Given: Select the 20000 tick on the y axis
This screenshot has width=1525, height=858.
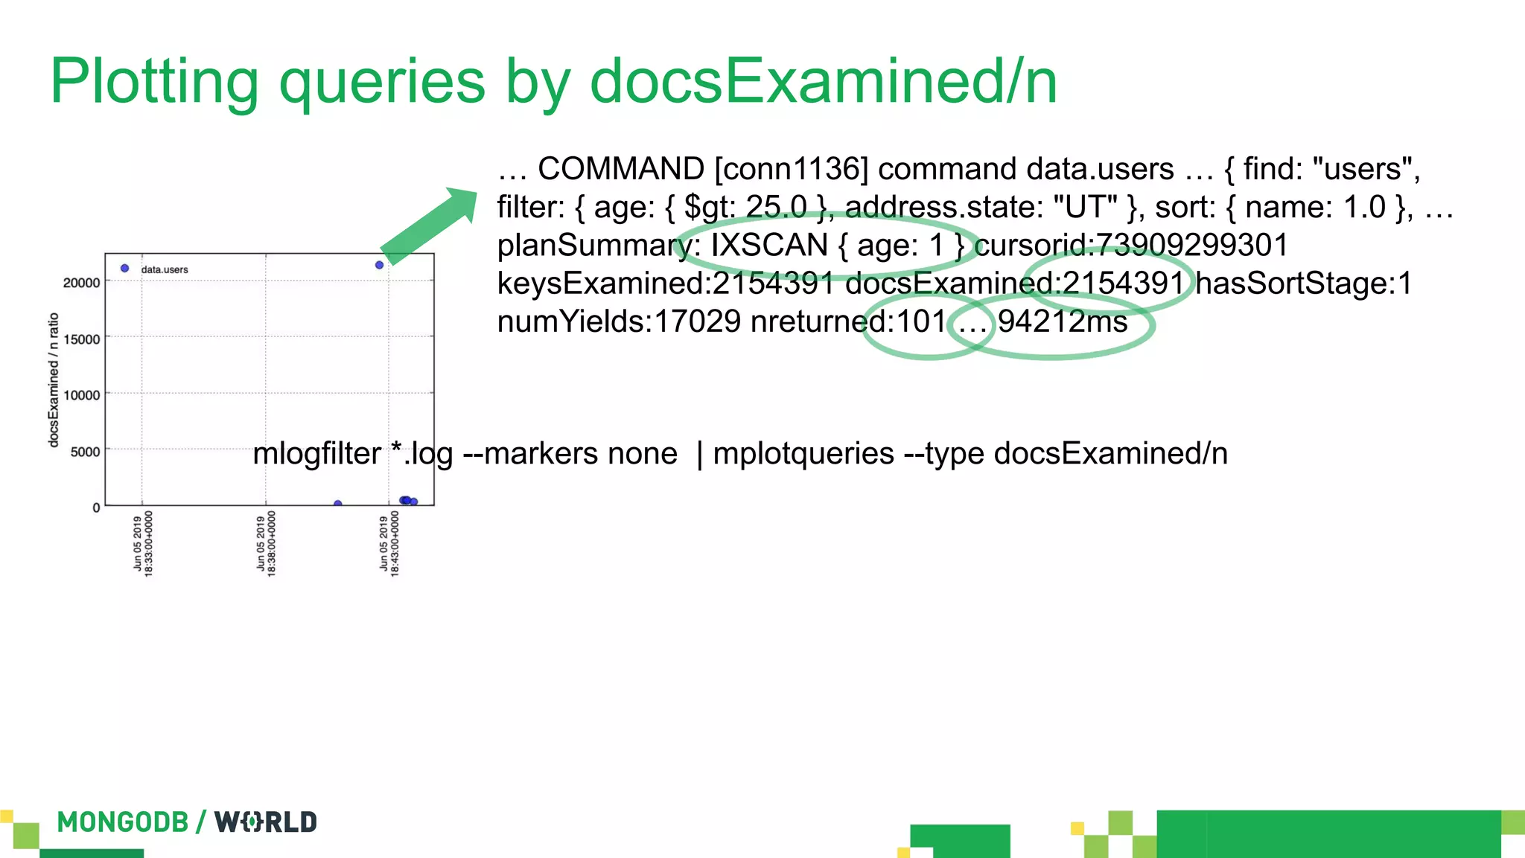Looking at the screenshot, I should tap(81, 283).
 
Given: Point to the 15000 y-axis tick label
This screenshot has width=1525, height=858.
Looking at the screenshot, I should tap(81, 339).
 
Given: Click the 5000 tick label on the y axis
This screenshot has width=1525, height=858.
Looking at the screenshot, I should tap(85, 452).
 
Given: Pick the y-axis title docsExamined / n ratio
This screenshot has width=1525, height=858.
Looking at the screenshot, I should tap(53, 380).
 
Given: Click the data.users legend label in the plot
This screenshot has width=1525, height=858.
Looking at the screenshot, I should tap(165, 269).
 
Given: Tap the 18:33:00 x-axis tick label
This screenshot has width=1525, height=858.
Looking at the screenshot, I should tap(143, 543).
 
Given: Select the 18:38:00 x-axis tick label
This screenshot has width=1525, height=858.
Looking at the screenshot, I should tap(266, 543).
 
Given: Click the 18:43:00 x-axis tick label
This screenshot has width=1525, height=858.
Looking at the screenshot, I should tap(389, 543).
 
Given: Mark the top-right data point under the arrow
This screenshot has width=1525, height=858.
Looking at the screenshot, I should tap(379, 265).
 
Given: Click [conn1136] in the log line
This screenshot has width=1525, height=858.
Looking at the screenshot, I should tap(792, 169).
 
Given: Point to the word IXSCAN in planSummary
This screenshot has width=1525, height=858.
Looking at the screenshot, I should tap(769, 246).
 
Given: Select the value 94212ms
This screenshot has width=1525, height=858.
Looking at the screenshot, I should tap(1063, 322).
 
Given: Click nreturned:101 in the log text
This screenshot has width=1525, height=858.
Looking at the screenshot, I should tap(847, 322).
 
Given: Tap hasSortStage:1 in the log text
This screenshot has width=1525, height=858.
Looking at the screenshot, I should tap(1304, 284).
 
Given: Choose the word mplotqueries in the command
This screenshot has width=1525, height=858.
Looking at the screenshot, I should tap(803, 453).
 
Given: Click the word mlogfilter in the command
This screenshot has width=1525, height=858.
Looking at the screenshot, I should tap(317, 453).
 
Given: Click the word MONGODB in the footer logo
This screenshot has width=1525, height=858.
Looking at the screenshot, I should tap(123, 822).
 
